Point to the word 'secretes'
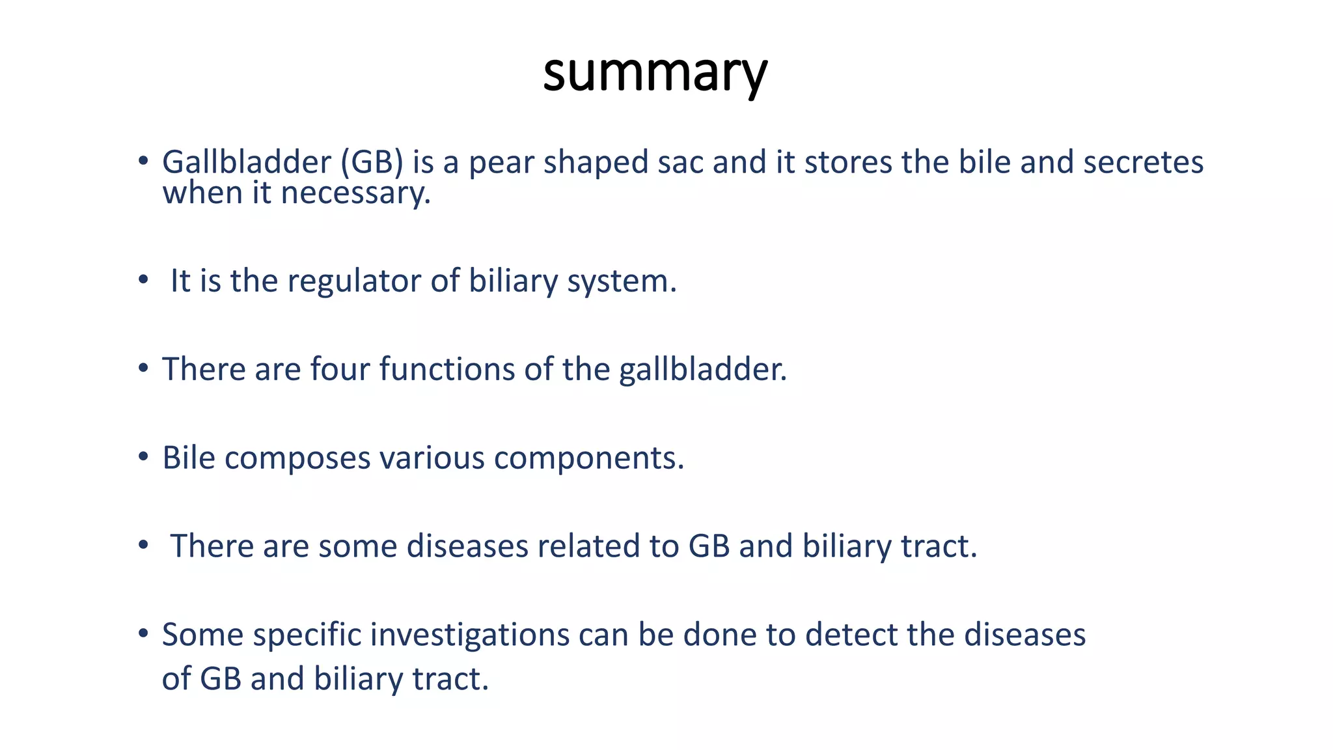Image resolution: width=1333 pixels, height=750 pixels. coord(1143,162)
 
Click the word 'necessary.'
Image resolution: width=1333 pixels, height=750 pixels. coord(355,193)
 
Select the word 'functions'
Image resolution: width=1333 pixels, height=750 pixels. coord(447,369)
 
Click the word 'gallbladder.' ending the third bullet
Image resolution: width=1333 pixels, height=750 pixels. coord(703,369)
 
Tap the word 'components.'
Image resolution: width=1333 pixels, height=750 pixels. coord(589,458)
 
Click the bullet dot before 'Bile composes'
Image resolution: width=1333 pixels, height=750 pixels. coord(143,457)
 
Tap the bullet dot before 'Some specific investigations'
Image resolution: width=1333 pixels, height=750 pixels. coord(143,633)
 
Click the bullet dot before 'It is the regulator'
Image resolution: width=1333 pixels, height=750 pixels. coord(143,281)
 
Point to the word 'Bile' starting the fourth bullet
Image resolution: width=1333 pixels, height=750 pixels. coord(188,458)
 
